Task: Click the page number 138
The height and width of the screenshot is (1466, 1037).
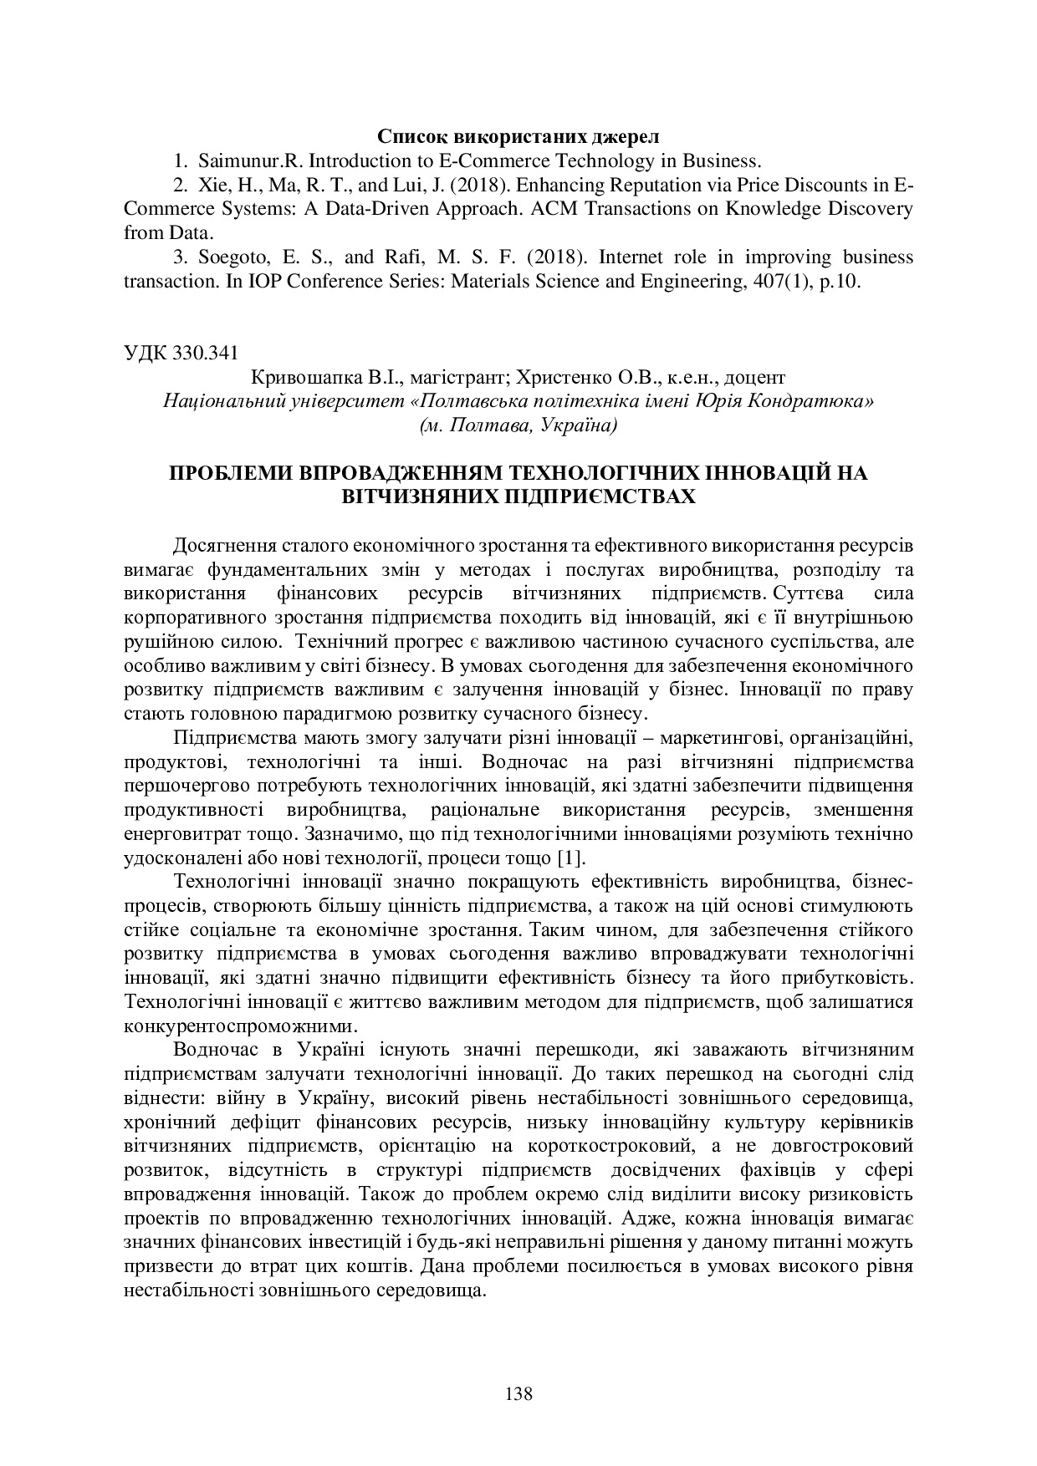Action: point(518,1393)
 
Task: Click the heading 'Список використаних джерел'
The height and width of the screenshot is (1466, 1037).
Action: point(518,135)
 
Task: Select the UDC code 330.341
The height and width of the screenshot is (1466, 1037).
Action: point(206,352)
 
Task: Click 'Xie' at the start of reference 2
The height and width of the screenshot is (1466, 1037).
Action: point(212,185)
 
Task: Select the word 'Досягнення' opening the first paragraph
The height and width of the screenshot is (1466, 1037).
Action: point(218,546)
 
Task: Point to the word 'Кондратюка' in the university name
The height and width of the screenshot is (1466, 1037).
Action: point(820,400)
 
